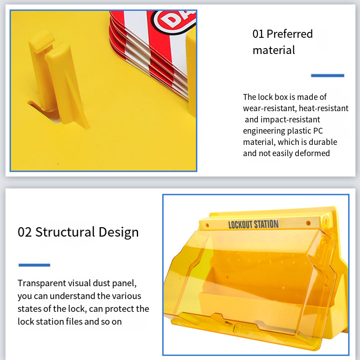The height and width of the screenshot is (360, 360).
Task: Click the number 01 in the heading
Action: (258, 34)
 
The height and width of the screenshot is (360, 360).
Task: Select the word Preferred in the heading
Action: (290, 34)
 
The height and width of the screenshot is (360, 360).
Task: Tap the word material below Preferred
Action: (274, 50)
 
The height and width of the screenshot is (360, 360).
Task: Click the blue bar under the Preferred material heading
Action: (328, 76)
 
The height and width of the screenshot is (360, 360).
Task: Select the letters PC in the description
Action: (318, 131)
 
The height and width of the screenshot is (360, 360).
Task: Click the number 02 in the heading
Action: (25, 232)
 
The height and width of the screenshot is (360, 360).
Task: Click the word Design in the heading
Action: (119, 233)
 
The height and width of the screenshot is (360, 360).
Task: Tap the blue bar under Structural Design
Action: (35, 265)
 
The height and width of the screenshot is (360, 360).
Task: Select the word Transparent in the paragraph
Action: (42, 283)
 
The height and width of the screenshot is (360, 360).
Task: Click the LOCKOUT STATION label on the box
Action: (253, 224)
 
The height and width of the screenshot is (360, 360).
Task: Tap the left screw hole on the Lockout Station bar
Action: (207, 225)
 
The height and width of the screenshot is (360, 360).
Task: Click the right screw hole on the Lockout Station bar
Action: (308, 223)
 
